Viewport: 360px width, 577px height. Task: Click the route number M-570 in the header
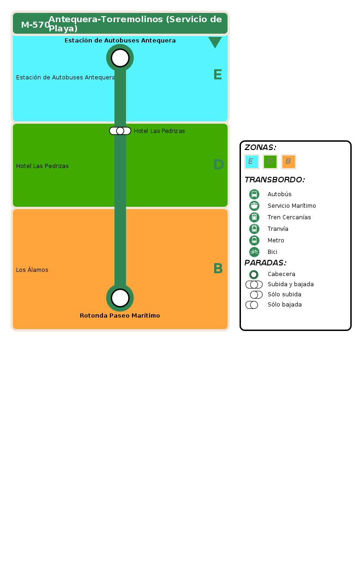pyautogui.click(x=35, y=25)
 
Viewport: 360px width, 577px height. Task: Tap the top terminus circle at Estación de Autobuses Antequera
pyautogui.click(x=120, y=58)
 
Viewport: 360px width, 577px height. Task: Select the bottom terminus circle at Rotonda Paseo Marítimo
pyautogui.click(x=120, y=298)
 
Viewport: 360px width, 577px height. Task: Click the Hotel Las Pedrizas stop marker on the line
pyautogui.click(x=120, y=131)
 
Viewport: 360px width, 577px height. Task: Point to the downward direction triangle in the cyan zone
pyautogui.click(x=215, y=42)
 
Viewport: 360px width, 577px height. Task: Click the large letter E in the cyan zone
pyautogui.click(x=217, y=75)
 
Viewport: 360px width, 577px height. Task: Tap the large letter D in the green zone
pyautogui.click(x=219, y=164)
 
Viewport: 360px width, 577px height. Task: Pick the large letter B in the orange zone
pyautogui.click(x=218, y=268)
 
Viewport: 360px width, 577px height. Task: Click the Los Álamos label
pyautogui.click(x=32, y=270)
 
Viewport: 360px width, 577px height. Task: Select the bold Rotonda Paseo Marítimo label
pyautogui.click(x=120, y=316)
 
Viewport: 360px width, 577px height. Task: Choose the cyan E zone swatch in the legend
pyautogui.click(x=252, y=162)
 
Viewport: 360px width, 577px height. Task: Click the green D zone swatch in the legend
pyautogui.click(x=270, y=162)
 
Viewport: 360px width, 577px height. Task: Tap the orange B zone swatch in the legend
pyautogui.click(x=288, y=162)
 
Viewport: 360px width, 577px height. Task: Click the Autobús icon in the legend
pyautogui.click(x=254, y=194)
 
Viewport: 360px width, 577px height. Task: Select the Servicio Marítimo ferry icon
pyautogui.click(x=254, y=206)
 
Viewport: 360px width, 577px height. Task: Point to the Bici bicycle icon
pyautogui.click(x=254, y=252)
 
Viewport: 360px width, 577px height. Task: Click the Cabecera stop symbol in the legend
pyautogui.click(x=254, y=275)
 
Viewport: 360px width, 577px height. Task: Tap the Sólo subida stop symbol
pyautogui.click(x=256, y=295)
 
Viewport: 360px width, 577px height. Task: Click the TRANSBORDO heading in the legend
pyautogui.click(x=275, y=180)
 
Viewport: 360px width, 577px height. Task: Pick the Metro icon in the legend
pyautogui.click(x=254, y=240)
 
